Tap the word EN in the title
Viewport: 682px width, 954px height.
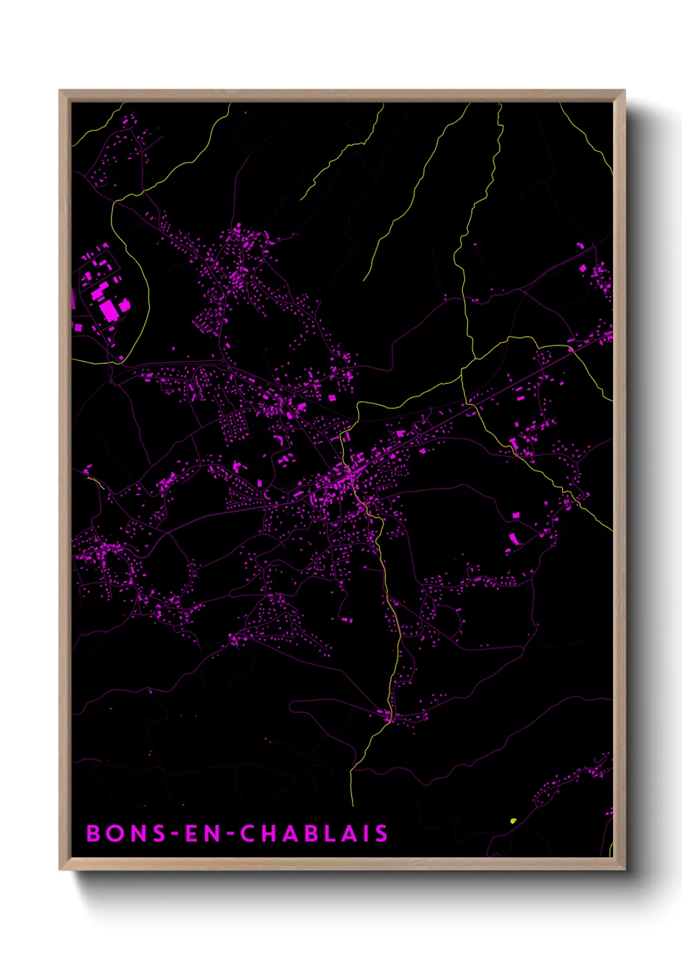tap(202, 833)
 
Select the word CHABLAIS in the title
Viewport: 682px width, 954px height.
tap(315, 833)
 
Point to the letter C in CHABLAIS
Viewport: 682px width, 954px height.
tap(248, 833)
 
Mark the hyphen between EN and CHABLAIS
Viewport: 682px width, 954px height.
tap(230, 834)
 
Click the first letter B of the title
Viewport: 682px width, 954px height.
tap(93, 833)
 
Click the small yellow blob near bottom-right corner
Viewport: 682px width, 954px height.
tap(513, 821)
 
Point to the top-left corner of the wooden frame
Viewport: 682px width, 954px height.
tap(60, 91)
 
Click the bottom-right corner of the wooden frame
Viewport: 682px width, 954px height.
tap(624, 869)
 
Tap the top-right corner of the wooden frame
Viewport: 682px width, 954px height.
tap(624, 91)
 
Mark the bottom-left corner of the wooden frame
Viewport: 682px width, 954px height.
tap(60, 869)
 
